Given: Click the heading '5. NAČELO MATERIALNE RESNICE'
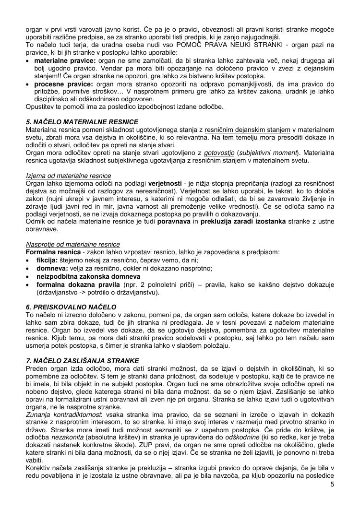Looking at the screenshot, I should (82, 122).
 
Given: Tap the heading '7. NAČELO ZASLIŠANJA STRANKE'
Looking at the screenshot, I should (82, 360).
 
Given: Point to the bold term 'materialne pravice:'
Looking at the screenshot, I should (66, 61).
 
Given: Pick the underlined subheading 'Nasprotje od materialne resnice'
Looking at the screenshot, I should (72, 244).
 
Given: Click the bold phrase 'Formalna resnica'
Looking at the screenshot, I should (51, 252).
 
